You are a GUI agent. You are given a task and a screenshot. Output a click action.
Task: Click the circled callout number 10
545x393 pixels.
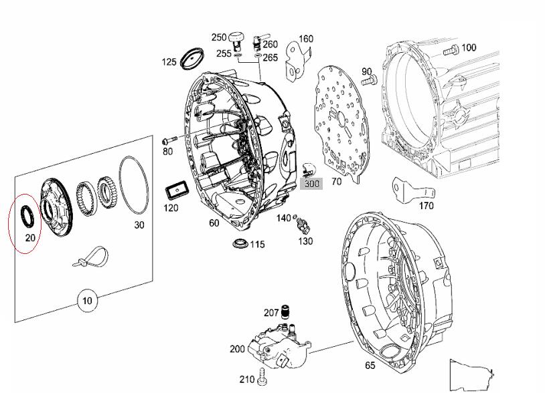[x=87, y=300]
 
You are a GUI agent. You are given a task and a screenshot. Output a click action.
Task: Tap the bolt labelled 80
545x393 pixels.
[x=169, y=140]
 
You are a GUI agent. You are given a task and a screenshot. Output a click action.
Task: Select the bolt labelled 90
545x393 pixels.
[x=368, y=82]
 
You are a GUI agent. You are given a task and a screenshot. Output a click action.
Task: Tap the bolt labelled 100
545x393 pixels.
[x=451, y=51]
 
